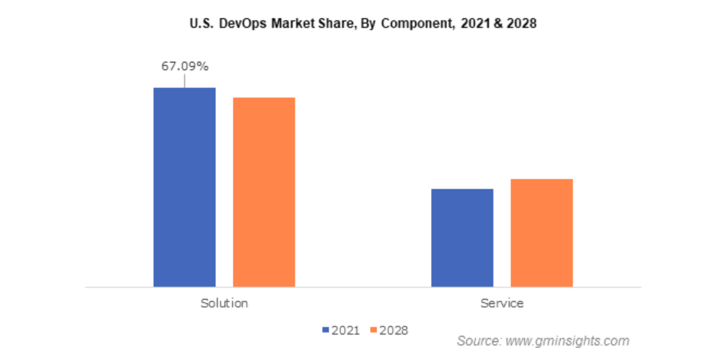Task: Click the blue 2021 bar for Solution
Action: [x=184, y=187]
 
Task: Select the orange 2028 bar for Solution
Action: [x=263, y=192]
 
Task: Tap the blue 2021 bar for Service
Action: [x=462, y=237]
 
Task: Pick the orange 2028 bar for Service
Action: [x=541, y=232]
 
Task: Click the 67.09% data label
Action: [x=184, y=67]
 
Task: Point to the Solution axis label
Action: [x=224, y=303]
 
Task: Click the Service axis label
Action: [x=501, y=303]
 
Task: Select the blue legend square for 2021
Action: [x=326, y=330]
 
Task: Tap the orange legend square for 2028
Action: [x=374, y=330]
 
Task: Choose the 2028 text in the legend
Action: [x=394, y=330]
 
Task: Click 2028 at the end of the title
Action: [x=520, y=23]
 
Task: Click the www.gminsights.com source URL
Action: [x=568, y=340]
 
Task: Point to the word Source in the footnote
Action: [x=479, y=340]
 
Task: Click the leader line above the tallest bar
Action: [x=184, y=81]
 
